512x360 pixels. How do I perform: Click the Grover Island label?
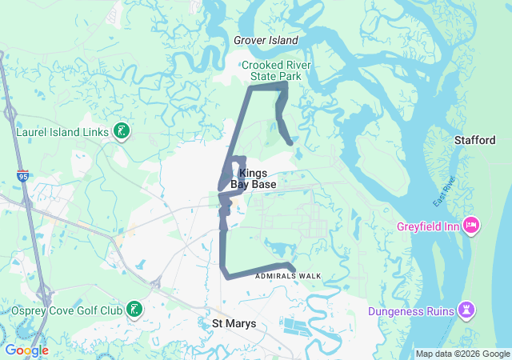266,40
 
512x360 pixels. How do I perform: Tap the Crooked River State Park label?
276,70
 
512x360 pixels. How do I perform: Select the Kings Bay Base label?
254,178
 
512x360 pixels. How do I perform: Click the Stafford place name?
475,140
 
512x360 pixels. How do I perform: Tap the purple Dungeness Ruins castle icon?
467,310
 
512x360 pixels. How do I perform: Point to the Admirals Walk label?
288,276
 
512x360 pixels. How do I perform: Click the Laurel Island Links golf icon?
121,130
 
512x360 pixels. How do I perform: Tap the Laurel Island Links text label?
65,130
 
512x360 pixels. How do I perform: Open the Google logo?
26,350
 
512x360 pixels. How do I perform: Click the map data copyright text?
462,354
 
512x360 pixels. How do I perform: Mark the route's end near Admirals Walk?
294,269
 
